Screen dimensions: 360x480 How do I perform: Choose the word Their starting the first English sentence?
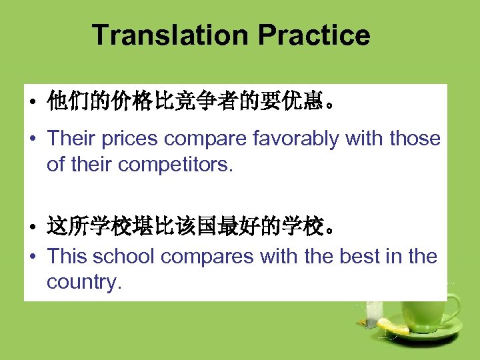(71, 139)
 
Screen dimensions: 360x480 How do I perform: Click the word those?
(415, 139)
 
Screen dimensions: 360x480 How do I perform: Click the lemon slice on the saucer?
(393, 326)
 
